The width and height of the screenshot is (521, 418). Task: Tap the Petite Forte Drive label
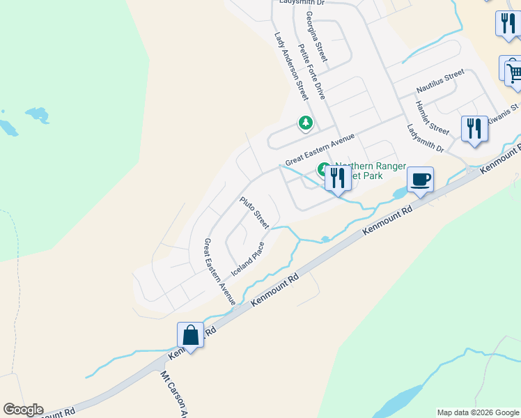click(x=311, y=70)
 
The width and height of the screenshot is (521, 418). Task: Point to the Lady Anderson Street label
click(x=291, y=66)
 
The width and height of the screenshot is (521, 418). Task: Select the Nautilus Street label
click(x=440, y=82)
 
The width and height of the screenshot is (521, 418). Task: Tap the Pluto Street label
click(x=254, y=212)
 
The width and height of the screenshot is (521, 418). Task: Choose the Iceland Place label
click(x=248, y=258)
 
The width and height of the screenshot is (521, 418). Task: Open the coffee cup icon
click(x=420, y=180)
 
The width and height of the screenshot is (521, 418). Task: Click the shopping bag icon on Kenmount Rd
click(x=190, y=336)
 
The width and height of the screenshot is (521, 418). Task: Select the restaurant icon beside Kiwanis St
click(x=474, y=129)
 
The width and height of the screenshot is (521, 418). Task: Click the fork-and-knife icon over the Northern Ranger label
click(x=338, y=178)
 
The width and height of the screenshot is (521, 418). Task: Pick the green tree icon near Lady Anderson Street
click(x=305, y=123)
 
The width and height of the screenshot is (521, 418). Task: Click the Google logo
click(x=23, y=410)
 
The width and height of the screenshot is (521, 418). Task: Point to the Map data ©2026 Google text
click(x=478, y=412)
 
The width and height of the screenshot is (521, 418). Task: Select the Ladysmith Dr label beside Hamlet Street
click(x=425, y=138)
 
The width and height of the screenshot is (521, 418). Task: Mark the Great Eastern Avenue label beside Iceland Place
click(x=219, y=271)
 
